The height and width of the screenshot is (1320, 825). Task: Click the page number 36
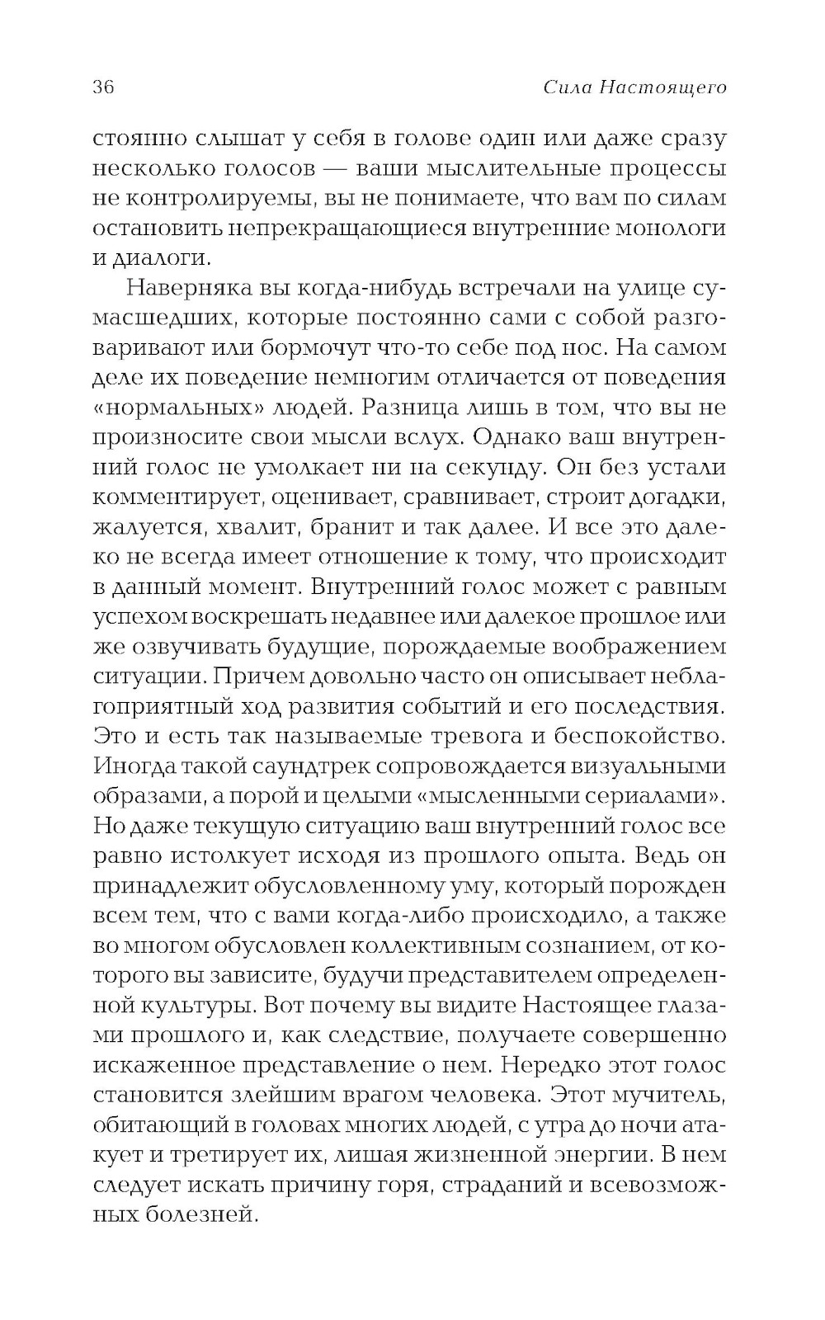click(x=103, y=87)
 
